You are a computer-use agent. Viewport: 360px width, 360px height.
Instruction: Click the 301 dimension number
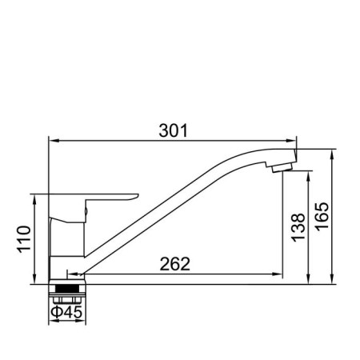(x=174, y=130)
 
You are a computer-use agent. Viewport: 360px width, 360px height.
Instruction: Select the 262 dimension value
(x=175, y=264)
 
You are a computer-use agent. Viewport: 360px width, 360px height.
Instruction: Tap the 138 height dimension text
(x=298, y=227)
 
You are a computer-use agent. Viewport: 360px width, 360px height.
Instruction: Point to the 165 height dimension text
(x=322, y=216)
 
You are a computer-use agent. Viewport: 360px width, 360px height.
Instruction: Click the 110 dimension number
(x=24, y=239)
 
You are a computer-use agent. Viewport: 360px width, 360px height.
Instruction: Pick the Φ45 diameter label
(x=66, y=312)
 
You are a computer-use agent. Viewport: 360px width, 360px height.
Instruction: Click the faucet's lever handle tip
(x=137, y=196)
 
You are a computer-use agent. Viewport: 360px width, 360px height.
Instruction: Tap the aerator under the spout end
(x=282, y=168)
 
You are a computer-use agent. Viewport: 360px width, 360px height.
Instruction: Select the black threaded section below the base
(x=67, y=289)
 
